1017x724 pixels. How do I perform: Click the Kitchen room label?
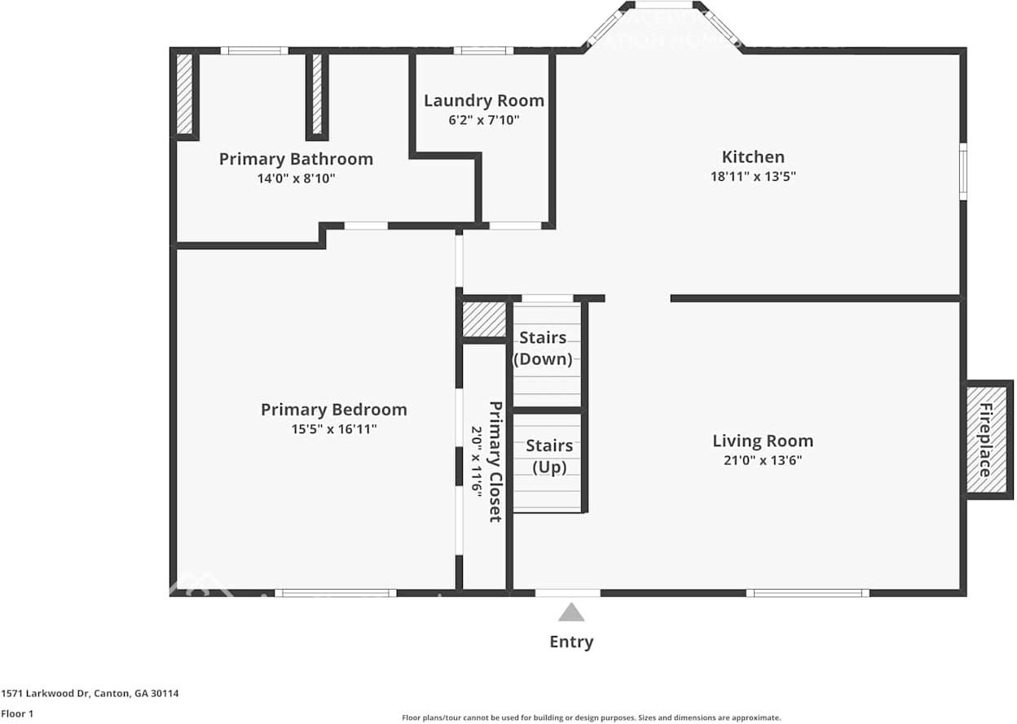(753, 157)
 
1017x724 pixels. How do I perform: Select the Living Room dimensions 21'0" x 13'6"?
(762, 460)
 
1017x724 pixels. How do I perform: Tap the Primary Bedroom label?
(333, 410)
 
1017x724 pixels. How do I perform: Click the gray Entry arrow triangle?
(571, 612)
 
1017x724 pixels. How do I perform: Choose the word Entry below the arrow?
(571, 642)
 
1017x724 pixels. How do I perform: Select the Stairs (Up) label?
(548, 456)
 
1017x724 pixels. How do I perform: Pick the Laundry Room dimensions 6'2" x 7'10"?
(484, 120)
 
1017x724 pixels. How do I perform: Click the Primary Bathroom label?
(296, 159)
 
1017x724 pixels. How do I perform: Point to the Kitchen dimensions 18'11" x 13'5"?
(753, 176)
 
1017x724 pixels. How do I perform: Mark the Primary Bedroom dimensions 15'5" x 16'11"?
(334, 429)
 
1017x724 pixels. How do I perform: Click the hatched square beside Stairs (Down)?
(484, 319)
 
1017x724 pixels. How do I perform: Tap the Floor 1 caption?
(17, 713)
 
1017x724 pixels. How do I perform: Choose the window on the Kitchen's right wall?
(962, 171)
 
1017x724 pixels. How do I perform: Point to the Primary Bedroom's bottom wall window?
(335, 593)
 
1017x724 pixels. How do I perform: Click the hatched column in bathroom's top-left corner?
(184, 94)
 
